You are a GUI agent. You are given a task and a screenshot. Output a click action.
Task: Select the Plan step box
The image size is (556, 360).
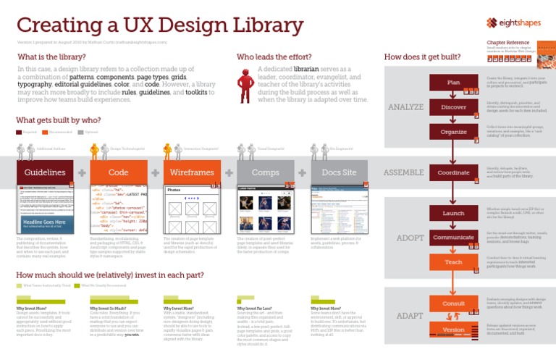coord(453,82)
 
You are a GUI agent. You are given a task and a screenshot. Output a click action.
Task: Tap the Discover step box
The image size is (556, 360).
coord(453,107)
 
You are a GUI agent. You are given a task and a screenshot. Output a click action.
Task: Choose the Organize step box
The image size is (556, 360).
coord(453,132)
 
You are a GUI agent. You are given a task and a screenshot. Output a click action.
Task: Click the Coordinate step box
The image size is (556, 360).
coord(453,173)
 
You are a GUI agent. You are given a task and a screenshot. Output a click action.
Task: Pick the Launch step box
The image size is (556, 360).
coord(453,214)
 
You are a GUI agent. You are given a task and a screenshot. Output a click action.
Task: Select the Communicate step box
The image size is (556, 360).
coord(453,237)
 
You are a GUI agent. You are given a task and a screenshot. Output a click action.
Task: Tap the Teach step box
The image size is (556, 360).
coord(453,261)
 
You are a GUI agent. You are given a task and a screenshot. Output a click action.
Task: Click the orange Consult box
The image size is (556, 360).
coord(453,304)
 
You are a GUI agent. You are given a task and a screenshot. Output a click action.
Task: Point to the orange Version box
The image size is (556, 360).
coord(453,330)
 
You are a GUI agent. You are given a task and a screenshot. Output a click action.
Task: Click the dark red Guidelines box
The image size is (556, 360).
coord(45,172)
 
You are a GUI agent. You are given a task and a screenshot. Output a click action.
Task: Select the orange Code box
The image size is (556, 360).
coord(118,172)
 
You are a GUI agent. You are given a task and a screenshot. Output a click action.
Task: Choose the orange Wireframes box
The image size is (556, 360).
coord(192,172)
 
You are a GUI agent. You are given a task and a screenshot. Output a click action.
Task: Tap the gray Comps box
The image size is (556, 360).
coord(265,172)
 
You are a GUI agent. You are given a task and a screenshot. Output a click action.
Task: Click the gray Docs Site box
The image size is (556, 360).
coord(339,172)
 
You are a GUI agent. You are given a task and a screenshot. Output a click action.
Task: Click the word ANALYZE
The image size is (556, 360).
coord(405,108)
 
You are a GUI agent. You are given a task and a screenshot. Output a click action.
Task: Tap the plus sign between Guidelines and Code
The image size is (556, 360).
coord(82,172)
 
